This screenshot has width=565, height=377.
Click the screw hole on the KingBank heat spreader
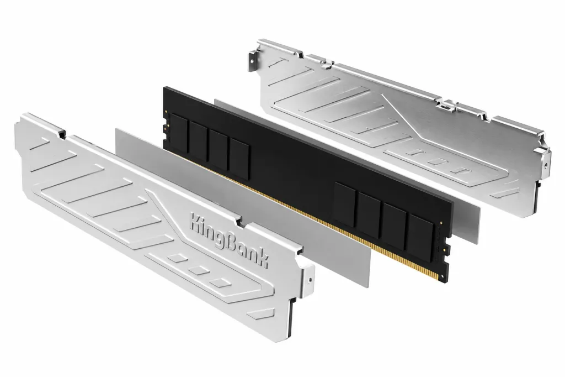311,279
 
